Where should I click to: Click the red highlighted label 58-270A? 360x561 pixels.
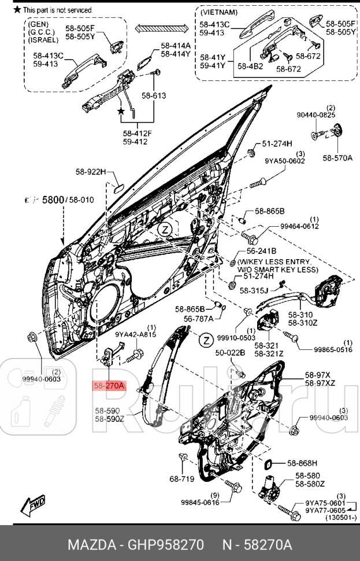pyautogui.click(x=109, y=385)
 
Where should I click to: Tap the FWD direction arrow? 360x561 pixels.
pyautogui.click(x=34, y=505)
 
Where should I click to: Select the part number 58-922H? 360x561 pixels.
pyautogui.click(x=91, y=172)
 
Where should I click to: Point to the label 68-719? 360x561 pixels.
pyautogui.click(x=182, y=478)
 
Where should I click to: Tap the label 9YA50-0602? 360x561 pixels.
pyautogui.click(x=285, y=161)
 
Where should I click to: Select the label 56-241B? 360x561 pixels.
pyautogui.click(x=261, y=251)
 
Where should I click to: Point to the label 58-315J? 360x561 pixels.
pyautogui.click(x=254, y=291)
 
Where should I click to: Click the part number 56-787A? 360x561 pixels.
pyautogui.click(x=199, y=318)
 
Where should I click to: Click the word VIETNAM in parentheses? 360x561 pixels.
pyautogui.click(x=218, y=12)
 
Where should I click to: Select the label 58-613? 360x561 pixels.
pyautogui.click(x=154, y=95)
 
